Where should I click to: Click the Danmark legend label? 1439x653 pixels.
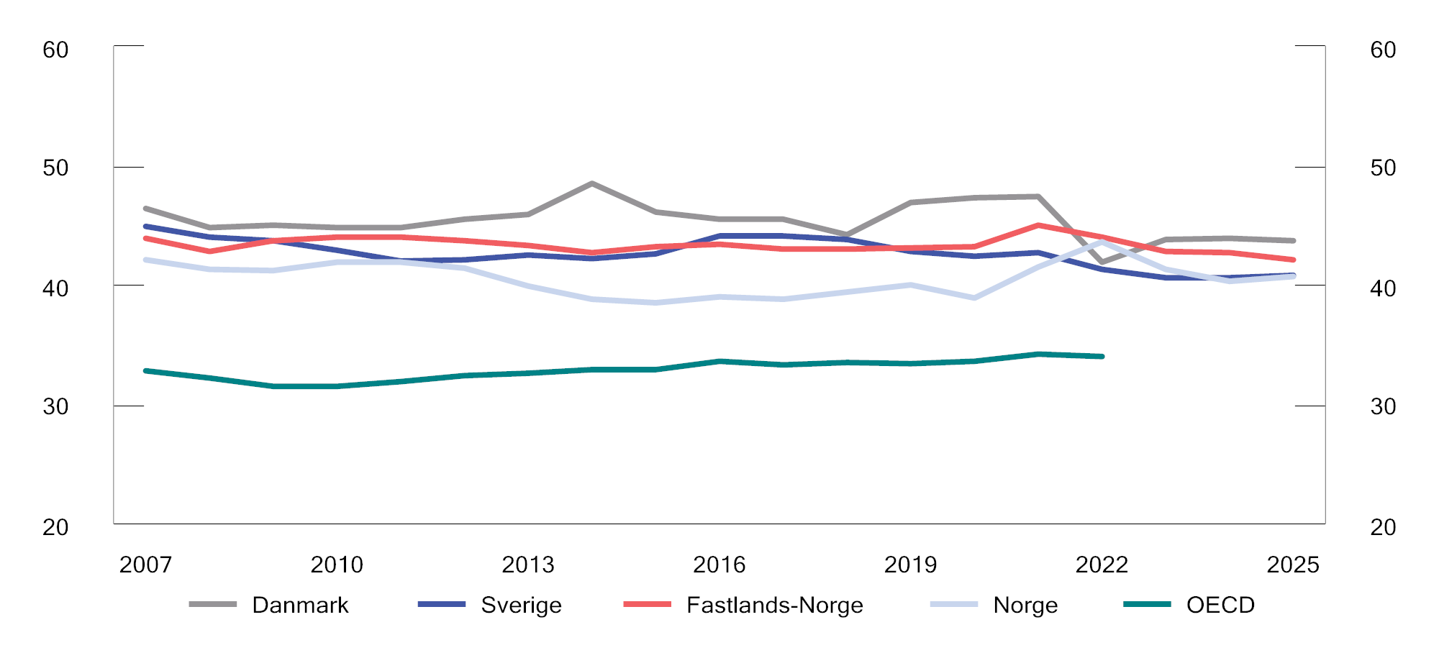pos(299,605)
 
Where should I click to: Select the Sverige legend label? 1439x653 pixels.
pos(521,605)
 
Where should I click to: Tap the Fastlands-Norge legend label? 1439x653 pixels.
pos(774,605)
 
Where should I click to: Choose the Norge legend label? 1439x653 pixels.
pos(1025,605)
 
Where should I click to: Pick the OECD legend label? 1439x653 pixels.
pos(1220,605)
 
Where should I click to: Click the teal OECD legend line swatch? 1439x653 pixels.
pos(1147,605)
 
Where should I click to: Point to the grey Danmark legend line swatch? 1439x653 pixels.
pos(213,605)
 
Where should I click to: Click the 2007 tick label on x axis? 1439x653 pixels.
pos(145,565)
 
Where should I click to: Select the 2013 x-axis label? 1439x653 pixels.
pos(528,565)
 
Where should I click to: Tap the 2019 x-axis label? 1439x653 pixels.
pos(910,565)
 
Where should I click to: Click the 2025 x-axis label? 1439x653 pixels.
pos(1293,565)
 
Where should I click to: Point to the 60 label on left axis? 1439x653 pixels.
pos(55,50)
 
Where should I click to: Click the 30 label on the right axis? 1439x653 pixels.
pos(1383,406)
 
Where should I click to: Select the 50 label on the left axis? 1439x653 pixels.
pos(55,168)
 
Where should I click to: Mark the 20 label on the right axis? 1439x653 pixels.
pos(1383,527)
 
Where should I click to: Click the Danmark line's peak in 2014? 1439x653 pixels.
pos(591,183)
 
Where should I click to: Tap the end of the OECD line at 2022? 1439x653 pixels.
pos(1102,356)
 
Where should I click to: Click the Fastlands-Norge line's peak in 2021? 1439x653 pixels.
pos(1038,225)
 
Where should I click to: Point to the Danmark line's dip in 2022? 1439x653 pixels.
pos(1102,262)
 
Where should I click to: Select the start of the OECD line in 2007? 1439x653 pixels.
pos(145,370)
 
